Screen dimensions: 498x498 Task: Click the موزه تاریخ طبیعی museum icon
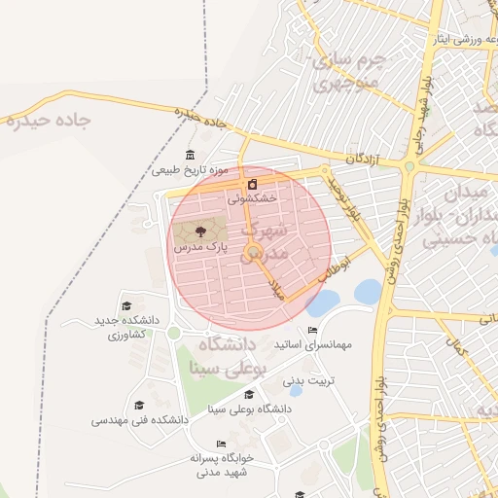click(190, 156)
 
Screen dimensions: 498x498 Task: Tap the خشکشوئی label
click(252, 196)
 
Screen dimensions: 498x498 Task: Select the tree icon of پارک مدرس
click(200, 231)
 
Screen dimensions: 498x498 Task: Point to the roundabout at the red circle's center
click(255, 254)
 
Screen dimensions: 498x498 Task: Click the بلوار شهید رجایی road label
click(424, 107)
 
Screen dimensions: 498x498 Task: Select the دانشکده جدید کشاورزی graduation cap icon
click(126, 306)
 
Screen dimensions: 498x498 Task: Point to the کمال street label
click(455, 343)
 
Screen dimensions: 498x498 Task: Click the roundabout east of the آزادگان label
click(409, 167)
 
